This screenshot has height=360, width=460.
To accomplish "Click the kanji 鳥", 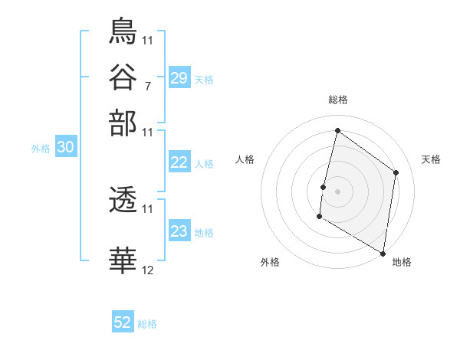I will (x=123, y=31).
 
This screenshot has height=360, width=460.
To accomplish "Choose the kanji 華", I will (x=123, y=260).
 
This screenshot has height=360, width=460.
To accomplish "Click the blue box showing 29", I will (x=179, y=78).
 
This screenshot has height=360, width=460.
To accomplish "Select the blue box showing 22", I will (x=179, y=162).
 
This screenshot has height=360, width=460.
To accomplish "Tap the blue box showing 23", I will (x=179, y=231).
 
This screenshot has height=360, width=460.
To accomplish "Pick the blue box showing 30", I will (x=66, y=149).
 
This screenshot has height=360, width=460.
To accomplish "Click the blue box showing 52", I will (x=123, y=322).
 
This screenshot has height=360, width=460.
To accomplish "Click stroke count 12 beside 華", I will (x=147, y=270).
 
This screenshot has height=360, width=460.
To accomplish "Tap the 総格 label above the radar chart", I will (x=337, y=100).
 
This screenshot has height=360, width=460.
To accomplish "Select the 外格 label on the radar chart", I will (x=270, y=262).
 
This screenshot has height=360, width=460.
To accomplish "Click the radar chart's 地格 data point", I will (x=383, y=253).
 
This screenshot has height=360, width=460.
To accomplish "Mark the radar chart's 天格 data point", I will (x=396, y=172).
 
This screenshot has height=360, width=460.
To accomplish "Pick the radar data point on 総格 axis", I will (x=337, y=131).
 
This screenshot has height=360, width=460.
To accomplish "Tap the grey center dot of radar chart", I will (x=337, y=191).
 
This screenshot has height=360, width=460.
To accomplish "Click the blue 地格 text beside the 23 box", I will (x=204, y=232).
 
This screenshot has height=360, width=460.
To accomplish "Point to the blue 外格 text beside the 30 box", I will (x=41, y=149).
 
